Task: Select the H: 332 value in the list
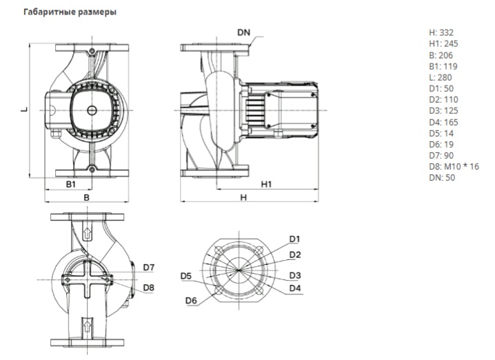click(x=441, y=32)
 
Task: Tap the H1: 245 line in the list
click(x=443, y=43)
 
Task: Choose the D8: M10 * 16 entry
click(x=453, y=166)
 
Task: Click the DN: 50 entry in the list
click(x=442, y=177)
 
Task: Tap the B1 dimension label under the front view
click(x=71, y=185)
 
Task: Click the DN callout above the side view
click(x=244, y=32)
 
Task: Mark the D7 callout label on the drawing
click(x=149, y=268)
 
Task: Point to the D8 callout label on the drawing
click(x=149, y=287)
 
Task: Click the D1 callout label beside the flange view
click(x=294, y=239)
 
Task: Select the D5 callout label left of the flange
click(x=185, y=277)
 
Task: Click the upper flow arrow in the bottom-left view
click(x=87, y=232)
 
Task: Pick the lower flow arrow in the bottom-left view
click(x=87, y=323)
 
